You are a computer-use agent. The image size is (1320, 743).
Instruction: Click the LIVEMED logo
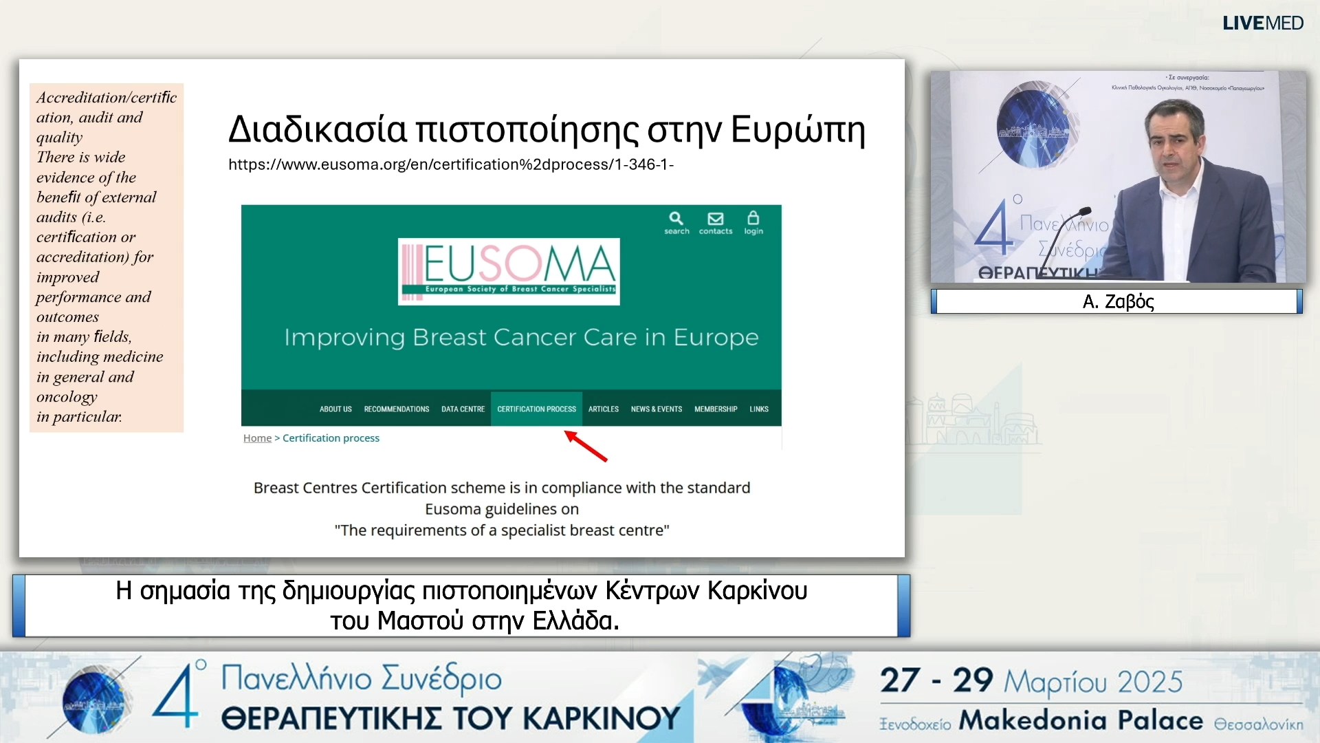coord(1262,23)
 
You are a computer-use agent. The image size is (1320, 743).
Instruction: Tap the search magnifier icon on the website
coord(676,219)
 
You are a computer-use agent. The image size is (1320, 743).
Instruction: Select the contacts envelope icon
coord(715,219)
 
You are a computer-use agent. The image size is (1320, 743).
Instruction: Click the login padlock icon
coord(753,219)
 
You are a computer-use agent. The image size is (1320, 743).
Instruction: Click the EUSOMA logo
coord(509,271)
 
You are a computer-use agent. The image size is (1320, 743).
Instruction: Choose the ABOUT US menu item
coord(335,409)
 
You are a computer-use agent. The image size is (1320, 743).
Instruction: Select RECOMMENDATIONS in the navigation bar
coord(397,409)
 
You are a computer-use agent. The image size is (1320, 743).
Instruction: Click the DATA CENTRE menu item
coord(463,409)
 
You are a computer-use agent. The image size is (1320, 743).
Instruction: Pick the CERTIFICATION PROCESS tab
coord(536,409)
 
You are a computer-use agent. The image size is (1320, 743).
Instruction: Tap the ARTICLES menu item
coord(603,409)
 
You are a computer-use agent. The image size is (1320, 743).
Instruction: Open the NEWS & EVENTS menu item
coord(656,409)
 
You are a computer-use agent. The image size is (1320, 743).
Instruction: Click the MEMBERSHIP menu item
coord(716,409)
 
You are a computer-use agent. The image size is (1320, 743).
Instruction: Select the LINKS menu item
coord(759,409)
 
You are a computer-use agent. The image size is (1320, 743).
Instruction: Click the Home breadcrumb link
coord(257,438)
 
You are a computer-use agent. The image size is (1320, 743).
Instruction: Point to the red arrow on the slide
coord(586,446)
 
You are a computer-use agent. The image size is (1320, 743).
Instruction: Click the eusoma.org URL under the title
coord(450,165)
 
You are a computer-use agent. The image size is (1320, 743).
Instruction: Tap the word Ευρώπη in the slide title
coord(797,129)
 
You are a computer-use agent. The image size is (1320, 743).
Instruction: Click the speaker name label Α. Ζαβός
coord(1118,301)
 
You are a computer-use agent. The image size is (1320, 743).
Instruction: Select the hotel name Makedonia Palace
coord(1081,720)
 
